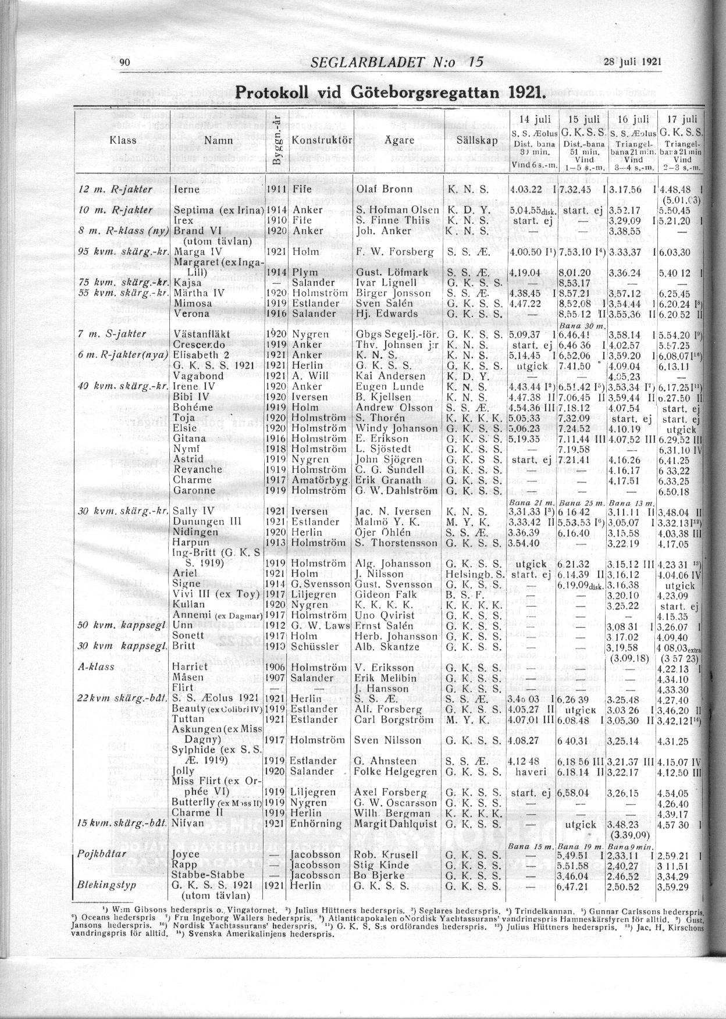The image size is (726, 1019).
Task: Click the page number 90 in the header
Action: click(123, 63)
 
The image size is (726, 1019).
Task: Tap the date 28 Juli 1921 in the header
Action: click(633, 62)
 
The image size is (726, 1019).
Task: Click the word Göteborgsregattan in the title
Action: click(428, 92)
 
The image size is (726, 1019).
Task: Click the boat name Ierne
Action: click(187, 190)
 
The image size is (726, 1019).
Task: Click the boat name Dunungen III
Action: click(207, 522)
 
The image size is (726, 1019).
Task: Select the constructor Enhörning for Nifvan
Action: click(316, 824)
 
